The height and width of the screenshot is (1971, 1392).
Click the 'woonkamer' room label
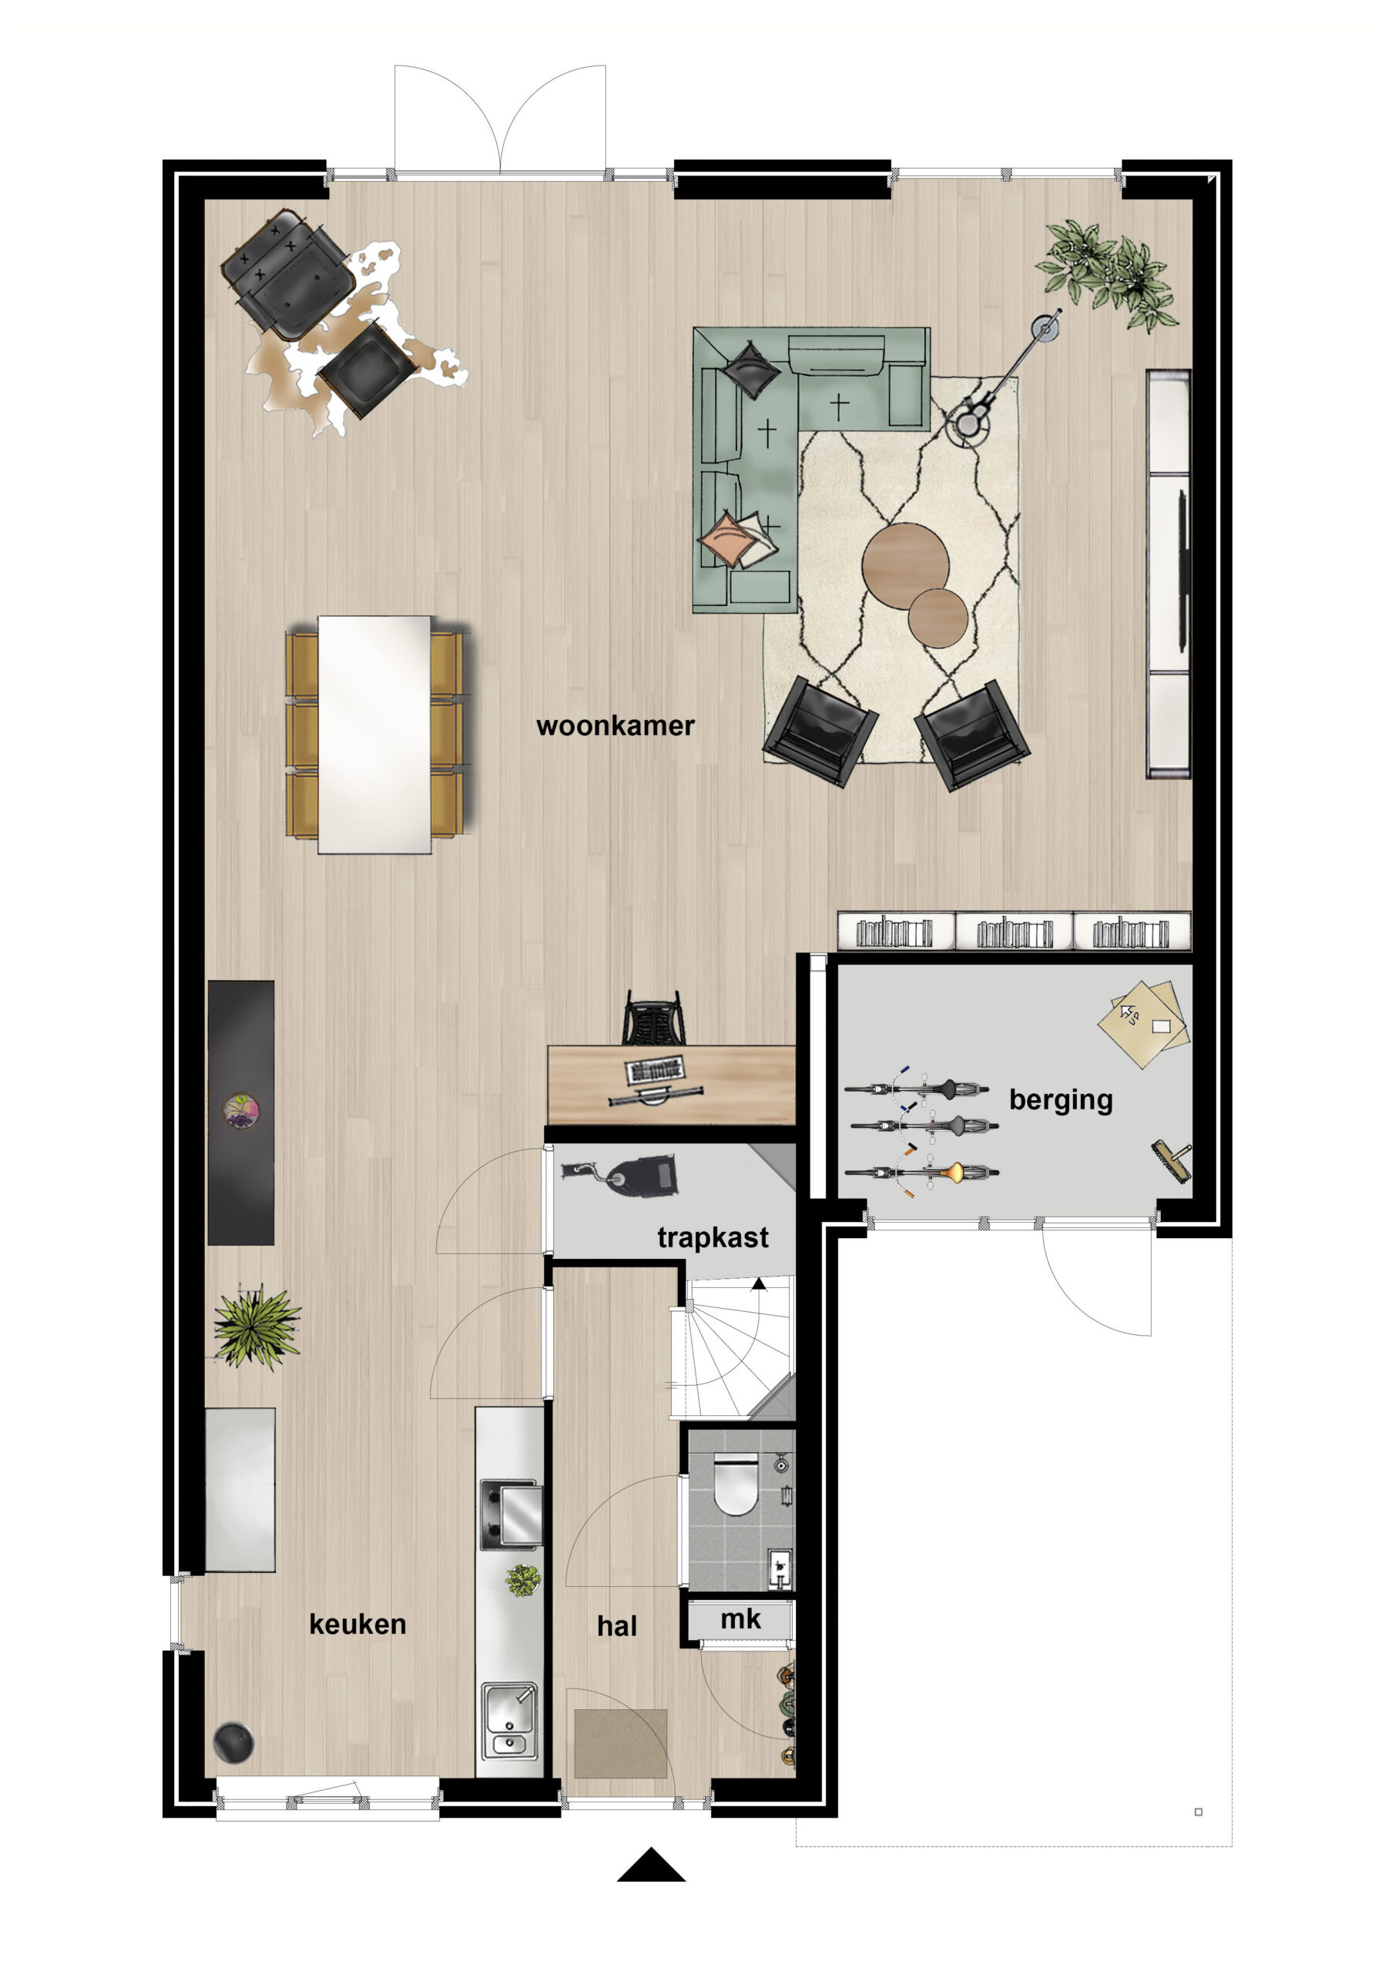click(615, 726)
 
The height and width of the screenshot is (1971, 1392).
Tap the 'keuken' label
click(357, 1625)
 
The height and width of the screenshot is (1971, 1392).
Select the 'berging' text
click(1061, 1100)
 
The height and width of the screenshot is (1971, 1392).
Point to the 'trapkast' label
click(713, 1238)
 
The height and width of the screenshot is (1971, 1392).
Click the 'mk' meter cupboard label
click(740, 1619)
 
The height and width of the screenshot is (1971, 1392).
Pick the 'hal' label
click(616, 1626)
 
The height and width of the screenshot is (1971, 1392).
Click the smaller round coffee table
click(938, 618)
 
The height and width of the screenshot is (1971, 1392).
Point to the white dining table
click(374, 735)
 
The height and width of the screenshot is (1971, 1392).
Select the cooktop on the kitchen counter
click(511, 1514)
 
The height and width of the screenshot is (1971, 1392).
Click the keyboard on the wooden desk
click(656, 1070)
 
